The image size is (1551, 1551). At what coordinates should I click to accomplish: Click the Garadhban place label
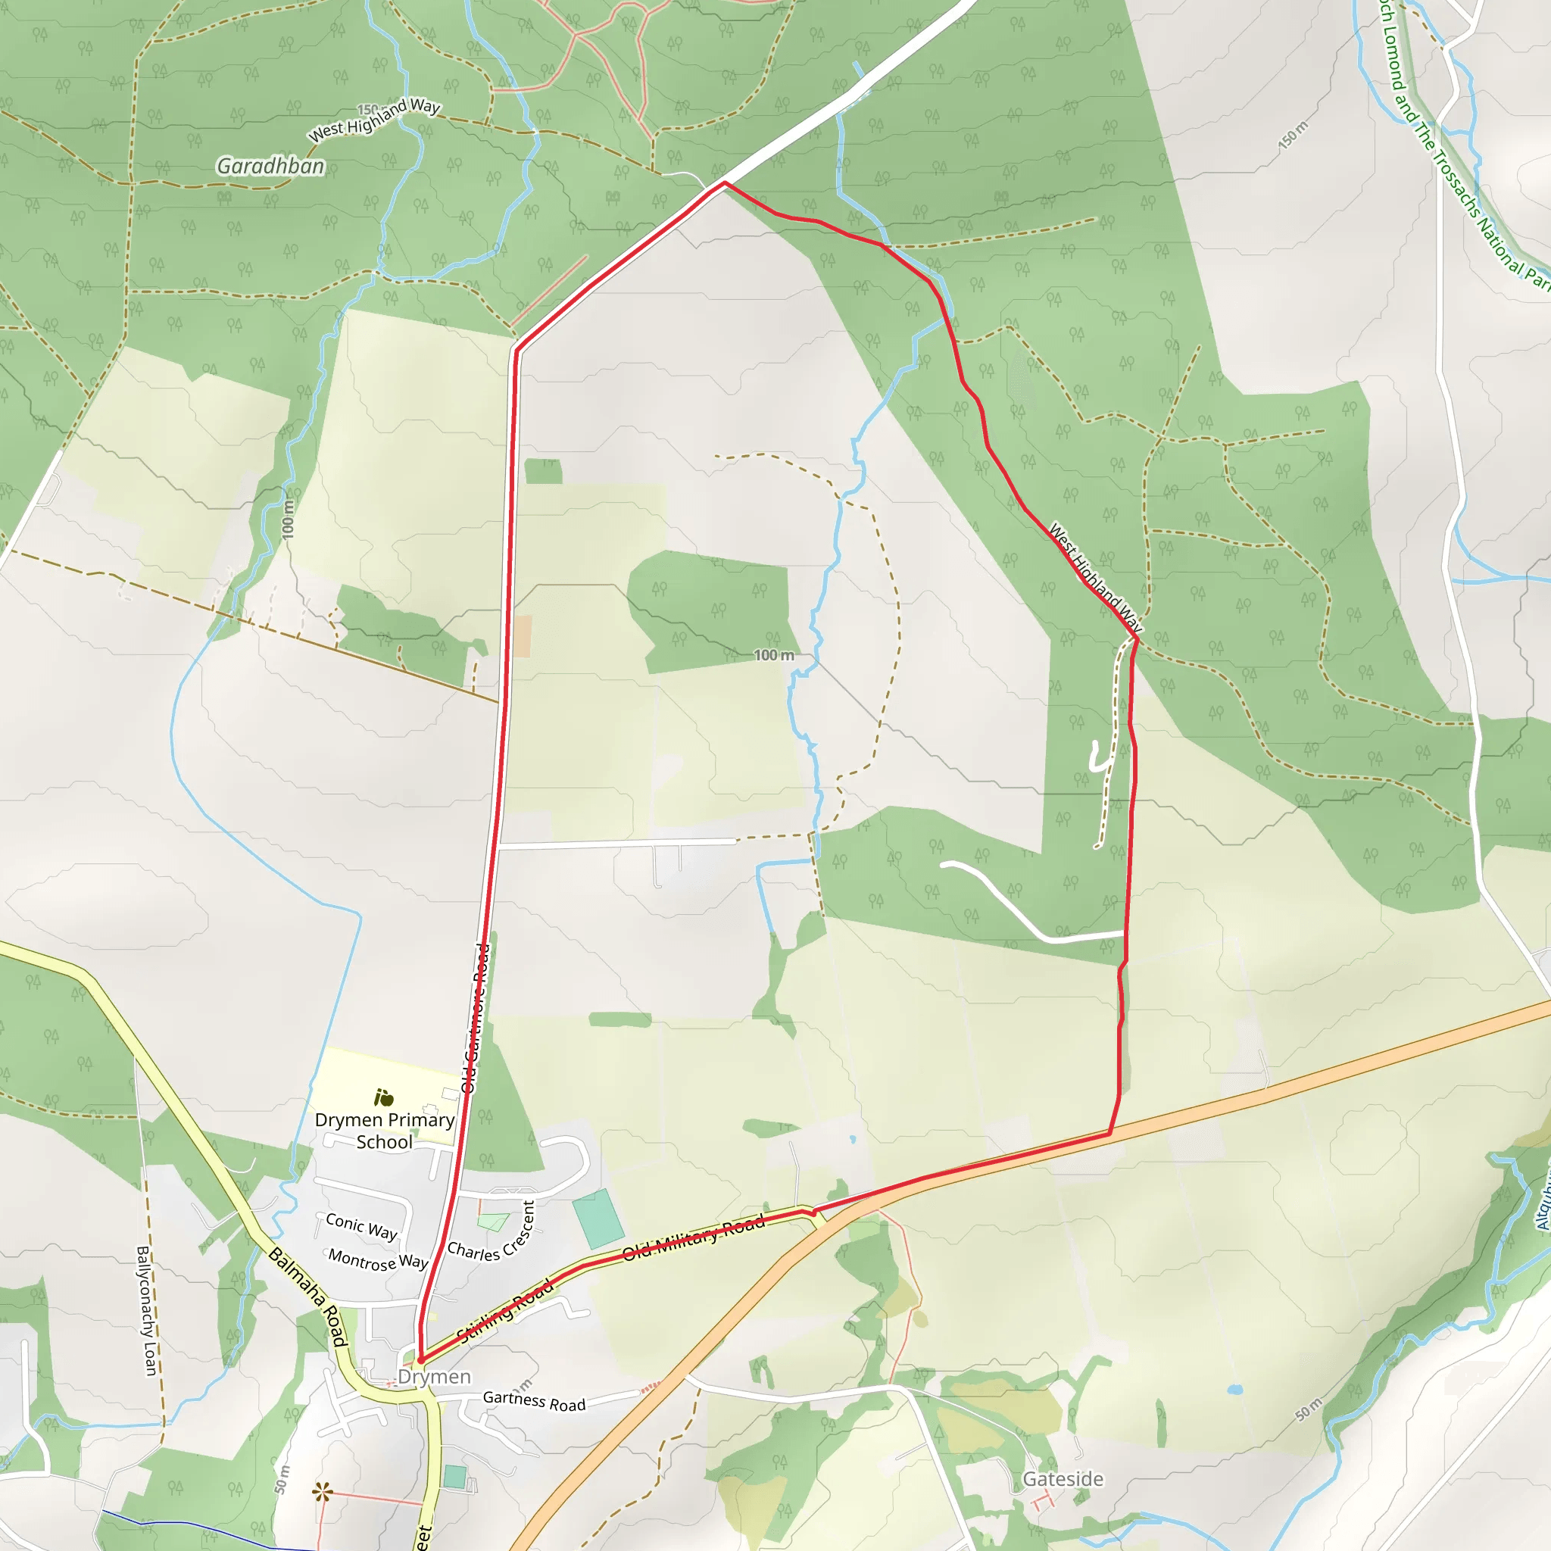click(x=270, y=166)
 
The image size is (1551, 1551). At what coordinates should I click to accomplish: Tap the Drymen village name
click(x=434, y=1377)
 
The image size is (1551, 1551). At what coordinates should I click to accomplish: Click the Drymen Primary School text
click(x=385, y=1131)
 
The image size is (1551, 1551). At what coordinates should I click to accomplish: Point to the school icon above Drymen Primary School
click(x=384, y=1097)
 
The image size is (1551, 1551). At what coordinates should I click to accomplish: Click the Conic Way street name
click(x=361, y=1226)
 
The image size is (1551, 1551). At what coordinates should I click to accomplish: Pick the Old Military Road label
click(x=694, y=1237)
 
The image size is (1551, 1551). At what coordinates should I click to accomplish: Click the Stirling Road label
click(x=505, y=1310)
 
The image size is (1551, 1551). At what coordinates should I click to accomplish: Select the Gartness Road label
click(x=534, y=1402)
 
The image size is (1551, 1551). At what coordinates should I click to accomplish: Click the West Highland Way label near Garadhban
click(x=374, y=119)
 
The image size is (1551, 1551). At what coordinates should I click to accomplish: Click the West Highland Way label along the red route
click(x=1095, y=577)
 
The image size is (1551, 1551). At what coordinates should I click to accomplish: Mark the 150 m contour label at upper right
click(x=1293, y=134)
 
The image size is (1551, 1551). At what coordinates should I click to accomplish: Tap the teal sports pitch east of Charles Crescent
click(x=598, y=1213)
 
